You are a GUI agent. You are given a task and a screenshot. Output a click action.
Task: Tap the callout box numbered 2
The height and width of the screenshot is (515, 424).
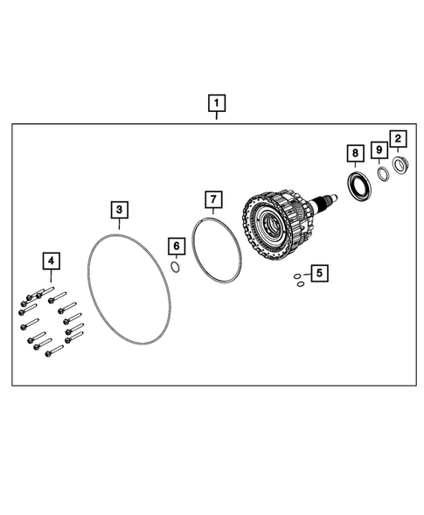pyautogui.click(x=398, y=138)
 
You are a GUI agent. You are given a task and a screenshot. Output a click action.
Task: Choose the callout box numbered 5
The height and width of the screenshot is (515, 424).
pyautogui.click(x=319, y=274)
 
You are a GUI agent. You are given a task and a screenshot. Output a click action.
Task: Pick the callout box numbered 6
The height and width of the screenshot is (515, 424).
pyautogui.click(x=175, y=247)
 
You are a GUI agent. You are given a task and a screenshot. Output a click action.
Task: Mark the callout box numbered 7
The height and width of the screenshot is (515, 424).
pyautogui.click(x=212, y=198)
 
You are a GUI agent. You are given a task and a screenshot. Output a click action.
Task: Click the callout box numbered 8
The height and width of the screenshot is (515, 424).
pyautogui.click(x=354, y=155)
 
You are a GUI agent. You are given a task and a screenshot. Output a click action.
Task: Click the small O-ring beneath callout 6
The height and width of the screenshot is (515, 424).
pyautogui.click(x=175, y=268)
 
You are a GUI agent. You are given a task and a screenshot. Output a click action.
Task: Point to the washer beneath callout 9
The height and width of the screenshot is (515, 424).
pyautogui.click(x=382, y=173)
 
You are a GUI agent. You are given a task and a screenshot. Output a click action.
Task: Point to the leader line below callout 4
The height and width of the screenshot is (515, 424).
pyautogui.click(x=52, y=278)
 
